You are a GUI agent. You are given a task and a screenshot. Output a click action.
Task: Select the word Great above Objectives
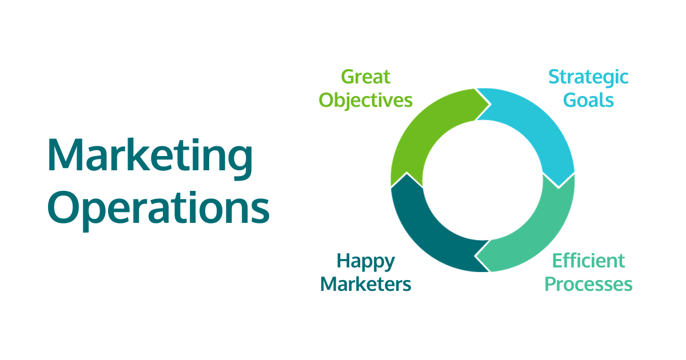365,77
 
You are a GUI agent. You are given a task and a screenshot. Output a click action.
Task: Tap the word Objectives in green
365,101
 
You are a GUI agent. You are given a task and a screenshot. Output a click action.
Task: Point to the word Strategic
588,77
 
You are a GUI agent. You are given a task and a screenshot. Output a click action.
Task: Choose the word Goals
588,101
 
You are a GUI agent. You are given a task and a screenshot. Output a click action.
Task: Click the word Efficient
588,261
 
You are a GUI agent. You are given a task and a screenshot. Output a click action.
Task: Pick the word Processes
588,284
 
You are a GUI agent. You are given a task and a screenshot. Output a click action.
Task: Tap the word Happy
366,261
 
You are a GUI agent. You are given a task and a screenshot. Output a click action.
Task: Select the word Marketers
366,284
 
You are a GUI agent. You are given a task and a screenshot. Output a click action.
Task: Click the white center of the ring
482,180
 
